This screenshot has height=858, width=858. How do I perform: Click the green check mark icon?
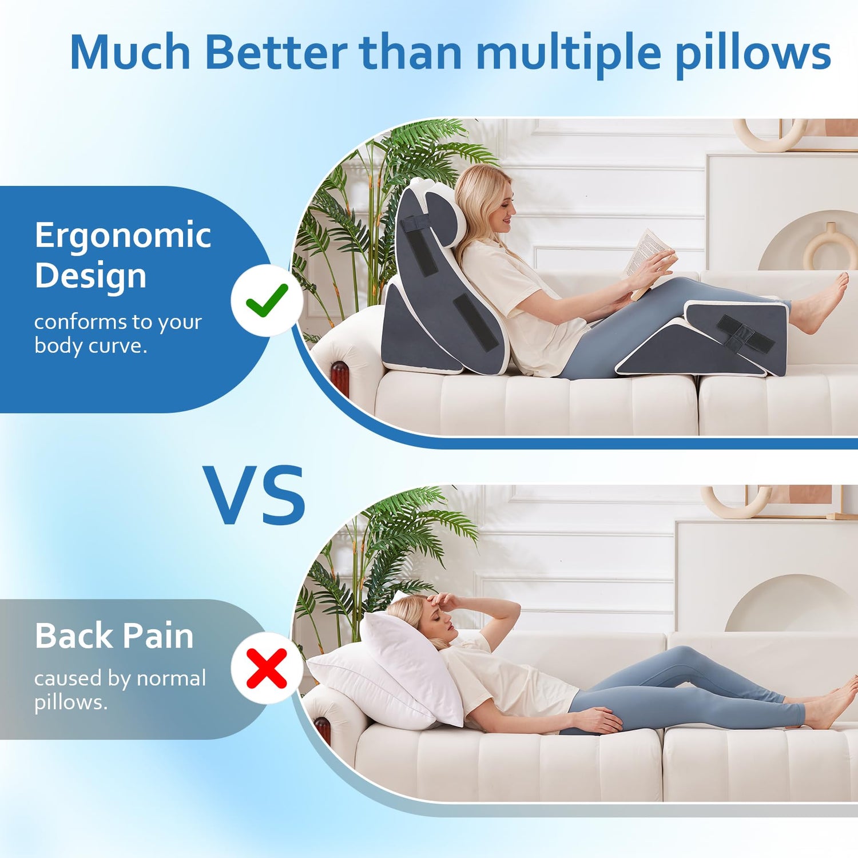coord(267,300)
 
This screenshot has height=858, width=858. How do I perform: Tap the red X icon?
coord(267,668)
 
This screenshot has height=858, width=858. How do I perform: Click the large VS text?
coord(254,495)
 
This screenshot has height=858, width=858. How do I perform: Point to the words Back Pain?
coord(114,635)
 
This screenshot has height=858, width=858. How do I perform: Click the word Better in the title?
coord(276,53)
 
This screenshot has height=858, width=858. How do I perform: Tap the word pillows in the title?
coord(753,55)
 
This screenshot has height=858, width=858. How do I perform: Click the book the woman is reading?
coord(649,260)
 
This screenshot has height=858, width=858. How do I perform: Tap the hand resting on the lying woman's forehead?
coord(443,601)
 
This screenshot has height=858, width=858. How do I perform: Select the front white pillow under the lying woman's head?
coord(412,666)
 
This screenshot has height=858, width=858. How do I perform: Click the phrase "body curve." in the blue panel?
coord(91,346)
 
